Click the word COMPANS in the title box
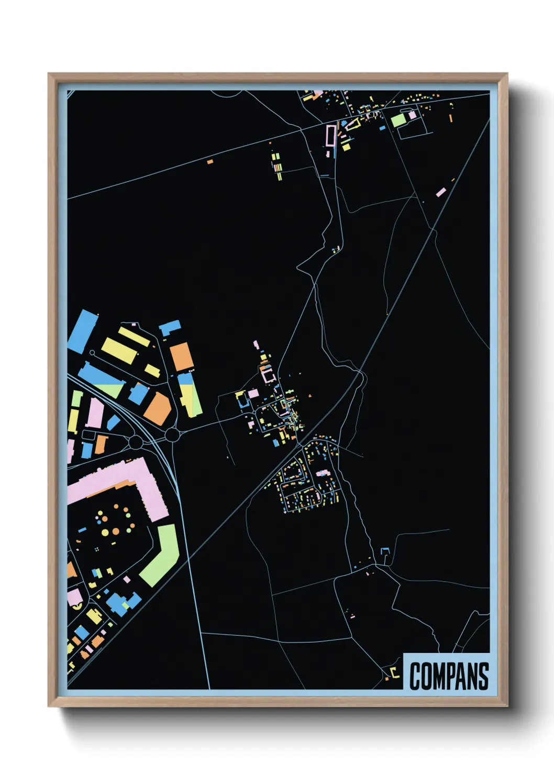point(449,676)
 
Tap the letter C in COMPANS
point(415,676)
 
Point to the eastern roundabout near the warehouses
point(172,435)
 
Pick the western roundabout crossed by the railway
point(136,442)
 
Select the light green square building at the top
point(398,120)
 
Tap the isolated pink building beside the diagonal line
point(441,192)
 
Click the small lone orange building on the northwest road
point(210,162)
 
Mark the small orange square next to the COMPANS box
point(387,679)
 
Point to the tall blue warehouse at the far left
point(83,331)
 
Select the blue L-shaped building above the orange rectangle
point(170,328)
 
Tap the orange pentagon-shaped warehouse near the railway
point(159,409)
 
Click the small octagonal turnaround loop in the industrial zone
point(92,353)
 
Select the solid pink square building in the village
point(253,393)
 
